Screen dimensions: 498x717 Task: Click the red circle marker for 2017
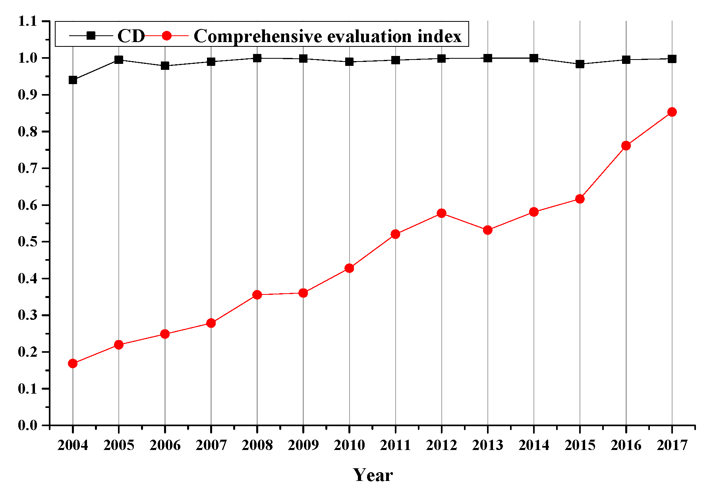672,112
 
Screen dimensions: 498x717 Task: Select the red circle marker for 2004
73,363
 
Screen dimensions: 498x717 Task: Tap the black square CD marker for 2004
73,80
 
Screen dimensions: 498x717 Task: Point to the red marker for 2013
488,230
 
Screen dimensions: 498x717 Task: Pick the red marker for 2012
441,213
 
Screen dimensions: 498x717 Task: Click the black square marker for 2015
580,64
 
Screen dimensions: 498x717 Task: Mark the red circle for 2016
626,146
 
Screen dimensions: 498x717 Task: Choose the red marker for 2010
349,268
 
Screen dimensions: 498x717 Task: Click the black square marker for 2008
257,58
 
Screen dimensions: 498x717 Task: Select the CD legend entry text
131,36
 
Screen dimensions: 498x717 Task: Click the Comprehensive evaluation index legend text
327,36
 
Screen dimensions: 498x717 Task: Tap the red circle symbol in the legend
167,36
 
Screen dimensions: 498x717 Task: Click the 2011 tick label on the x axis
395,445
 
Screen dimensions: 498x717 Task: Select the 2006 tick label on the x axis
165,445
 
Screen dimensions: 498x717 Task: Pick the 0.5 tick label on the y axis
28,242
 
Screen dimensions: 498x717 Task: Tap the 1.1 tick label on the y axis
28,21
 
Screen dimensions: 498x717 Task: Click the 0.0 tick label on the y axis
28,425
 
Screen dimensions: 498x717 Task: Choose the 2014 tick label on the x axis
533,445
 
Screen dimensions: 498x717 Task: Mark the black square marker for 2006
165,66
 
